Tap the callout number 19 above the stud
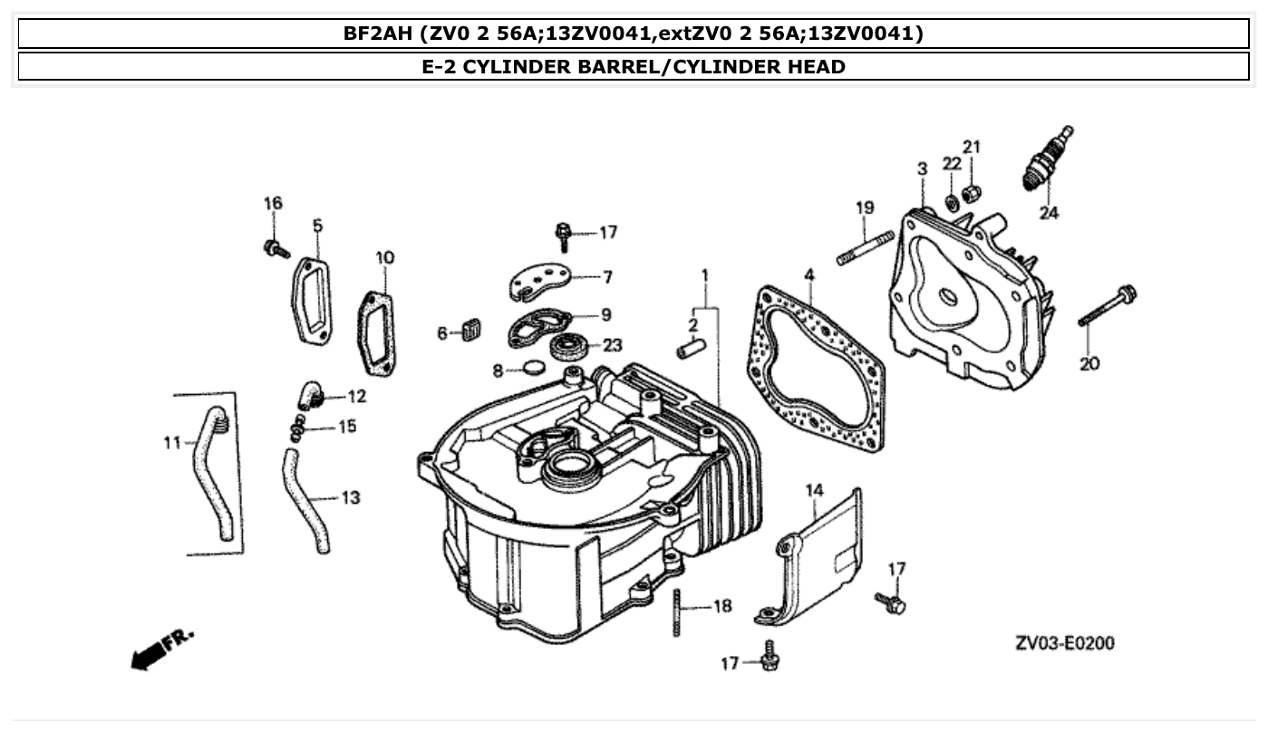(x=865, y=207)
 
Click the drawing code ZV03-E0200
(x=1065, y=643)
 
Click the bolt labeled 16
(x=276, y=247)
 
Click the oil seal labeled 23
(x=570, y=346)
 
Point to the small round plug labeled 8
(x=532, y=369)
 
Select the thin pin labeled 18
(x=677, y=612)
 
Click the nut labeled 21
(x=972, y=192)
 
